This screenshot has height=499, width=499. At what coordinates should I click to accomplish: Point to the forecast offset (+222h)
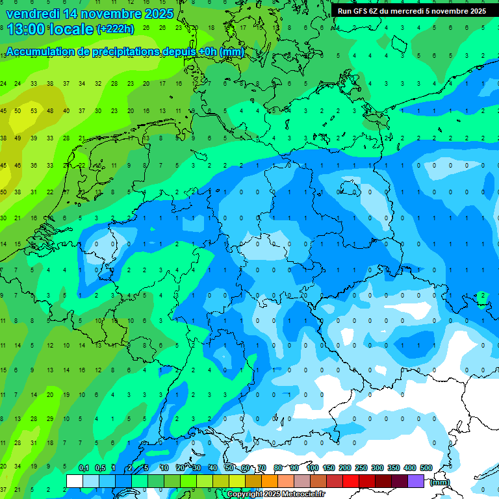[115, 29]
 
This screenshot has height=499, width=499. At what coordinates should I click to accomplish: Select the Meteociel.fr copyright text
[275, 494]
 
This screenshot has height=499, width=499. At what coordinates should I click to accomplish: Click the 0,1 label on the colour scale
[84, 468]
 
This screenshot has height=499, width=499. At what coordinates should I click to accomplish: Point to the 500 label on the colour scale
[426, 468]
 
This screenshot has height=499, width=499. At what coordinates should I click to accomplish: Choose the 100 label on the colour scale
[313, 468]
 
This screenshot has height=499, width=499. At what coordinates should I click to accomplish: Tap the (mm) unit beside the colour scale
[440, 482]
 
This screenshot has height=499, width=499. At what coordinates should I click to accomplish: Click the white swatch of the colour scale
[75, 481]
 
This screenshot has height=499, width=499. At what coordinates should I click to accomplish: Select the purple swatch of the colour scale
[416, 481]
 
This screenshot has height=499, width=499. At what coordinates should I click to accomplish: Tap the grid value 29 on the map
[50, 419]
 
